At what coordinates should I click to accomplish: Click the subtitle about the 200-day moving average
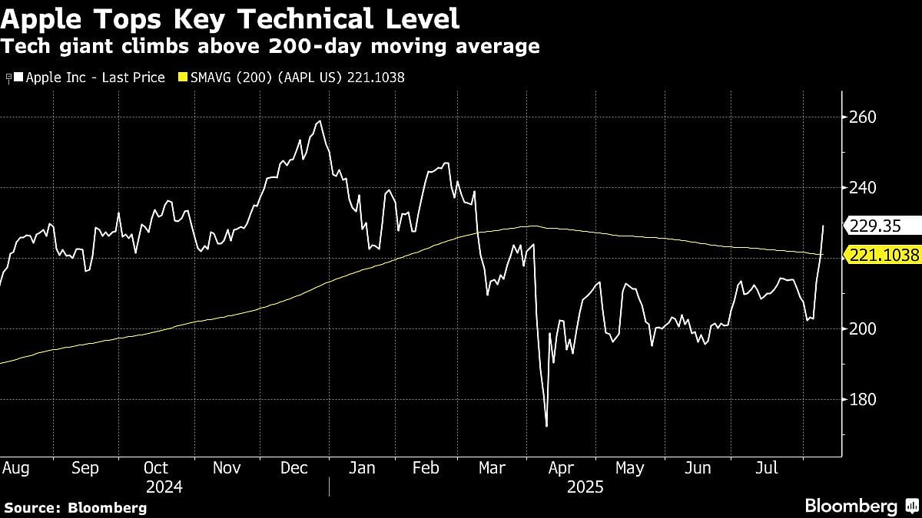click(x=270, y=47)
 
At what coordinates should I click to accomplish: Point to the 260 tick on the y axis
click(x=861, y=117)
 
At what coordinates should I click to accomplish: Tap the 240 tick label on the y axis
click(x=861, y=188)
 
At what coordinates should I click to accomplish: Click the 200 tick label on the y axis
click(x=861, y=329)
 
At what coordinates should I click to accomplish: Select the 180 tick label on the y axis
click(x=861, y=400)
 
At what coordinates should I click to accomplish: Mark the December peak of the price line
click(x=319, y=121)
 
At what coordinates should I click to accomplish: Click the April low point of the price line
click(x=546, y=426)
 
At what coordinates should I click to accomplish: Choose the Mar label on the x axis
click(x=491, y=468)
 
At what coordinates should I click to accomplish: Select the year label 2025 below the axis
click(x=585, y=487)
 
